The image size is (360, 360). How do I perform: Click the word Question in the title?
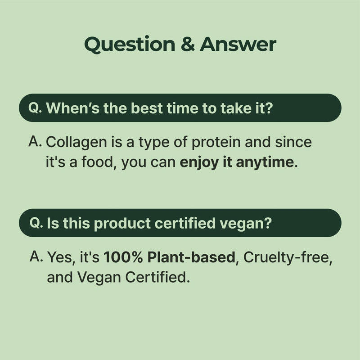click(x=130, y=45)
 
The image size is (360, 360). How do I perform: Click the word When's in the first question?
click(x=73, y=108)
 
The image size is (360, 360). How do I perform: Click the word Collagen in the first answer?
click(x=76, y=143)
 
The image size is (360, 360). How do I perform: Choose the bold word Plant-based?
click(x=191, y=257)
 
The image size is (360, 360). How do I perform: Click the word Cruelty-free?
click(x=287, y=257)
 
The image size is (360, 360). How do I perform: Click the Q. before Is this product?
click(x=36, y=223)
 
